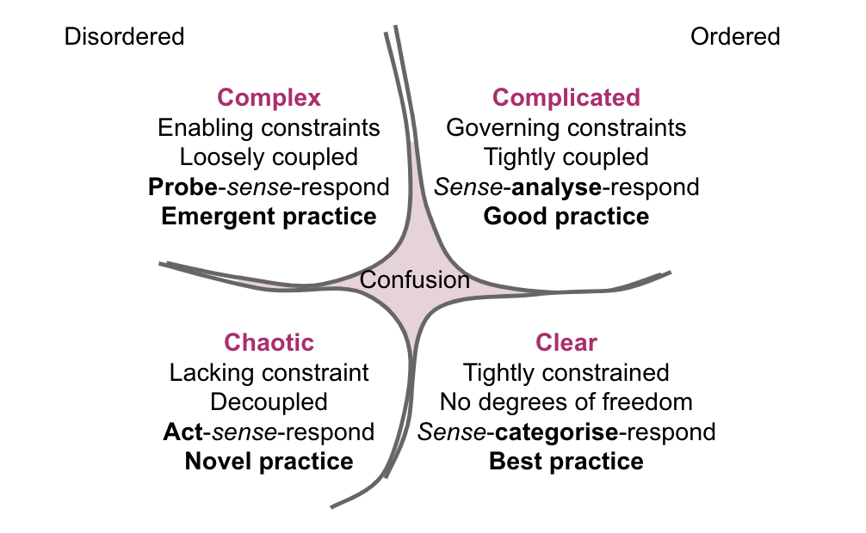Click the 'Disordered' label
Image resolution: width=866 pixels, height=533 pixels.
[x=124, y=36]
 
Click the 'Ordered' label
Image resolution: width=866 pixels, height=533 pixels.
[x=735, y=36]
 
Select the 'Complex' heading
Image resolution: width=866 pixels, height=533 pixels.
[x=269, y=97]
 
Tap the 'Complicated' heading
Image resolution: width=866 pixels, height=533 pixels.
[x=566, y=97]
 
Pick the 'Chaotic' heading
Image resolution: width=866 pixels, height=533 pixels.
[x=269, y=342]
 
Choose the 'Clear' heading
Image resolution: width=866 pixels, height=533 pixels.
[x=566, y=342]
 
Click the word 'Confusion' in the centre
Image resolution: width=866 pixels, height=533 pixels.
[x=414, y=280]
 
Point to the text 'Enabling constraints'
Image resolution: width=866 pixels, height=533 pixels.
[x=269, y=128]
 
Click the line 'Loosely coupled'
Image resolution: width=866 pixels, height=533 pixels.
[x=269, y=157]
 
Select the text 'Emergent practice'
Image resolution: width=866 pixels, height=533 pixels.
[x=269, y=216]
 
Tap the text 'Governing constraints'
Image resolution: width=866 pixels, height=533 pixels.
[x=566, y=128]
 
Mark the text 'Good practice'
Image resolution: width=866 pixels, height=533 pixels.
[x=566, y=216]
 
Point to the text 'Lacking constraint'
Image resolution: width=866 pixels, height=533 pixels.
[x=269, y=372]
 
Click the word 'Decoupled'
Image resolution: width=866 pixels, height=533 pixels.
[x=269, y=401]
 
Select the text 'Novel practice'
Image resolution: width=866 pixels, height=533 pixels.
[x=269, y=461]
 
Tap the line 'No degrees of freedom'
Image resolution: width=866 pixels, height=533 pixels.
[x=566, y=401]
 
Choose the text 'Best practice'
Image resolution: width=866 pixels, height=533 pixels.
[x=566, y=461]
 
